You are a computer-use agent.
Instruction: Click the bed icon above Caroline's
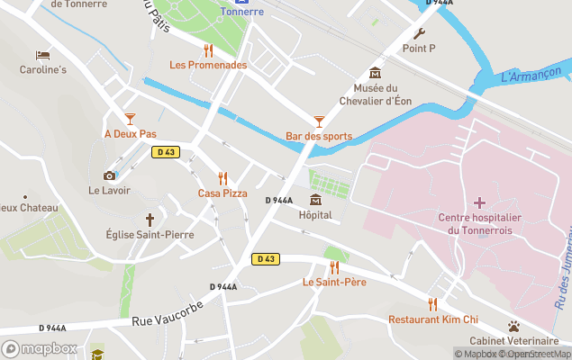42,55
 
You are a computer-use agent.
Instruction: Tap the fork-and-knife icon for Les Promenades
208,50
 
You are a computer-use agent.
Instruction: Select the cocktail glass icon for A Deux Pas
130,119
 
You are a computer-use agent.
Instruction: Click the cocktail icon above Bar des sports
318,121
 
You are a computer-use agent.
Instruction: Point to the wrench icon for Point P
419,33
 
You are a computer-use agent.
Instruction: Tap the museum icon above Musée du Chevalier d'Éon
375,73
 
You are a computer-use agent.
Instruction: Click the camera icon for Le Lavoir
109,175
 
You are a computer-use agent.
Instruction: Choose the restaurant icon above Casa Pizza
222,178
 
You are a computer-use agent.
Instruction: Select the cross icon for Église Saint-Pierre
150,219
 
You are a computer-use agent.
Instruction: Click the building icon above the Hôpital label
315,200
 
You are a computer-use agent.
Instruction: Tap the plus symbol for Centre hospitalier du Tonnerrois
479,202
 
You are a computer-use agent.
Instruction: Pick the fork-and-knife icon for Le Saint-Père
334,267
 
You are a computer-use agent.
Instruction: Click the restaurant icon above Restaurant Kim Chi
432,304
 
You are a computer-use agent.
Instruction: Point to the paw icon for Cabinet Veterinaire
513,326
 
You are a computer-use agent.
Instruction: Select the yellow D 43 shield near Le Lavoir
164,152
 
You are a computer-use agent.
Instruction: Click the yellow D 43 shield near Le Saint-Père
265,259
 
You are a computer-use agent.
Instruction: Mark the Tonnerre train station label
242,12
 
